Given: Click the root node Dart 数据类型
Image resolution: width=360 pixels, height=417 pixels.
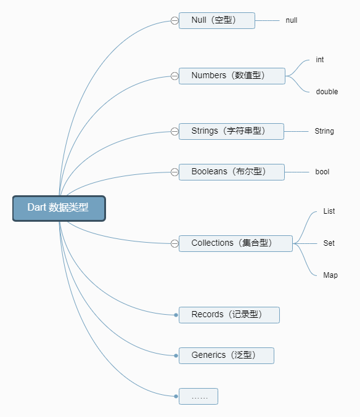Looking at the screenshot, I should point(59,208).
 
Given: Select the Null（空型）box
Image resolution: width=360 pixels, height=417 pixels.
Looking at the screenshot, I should point(216,20).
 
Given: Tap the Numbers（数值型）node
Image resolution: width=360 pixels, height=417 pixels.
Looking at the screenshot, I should point(232,76).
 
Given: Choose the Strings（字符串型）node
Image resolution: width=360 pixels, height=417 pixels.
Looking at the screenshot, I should point(231,131).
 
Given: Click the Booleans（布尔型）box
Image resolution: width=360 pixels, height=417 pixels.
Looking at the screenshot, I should point(231,172).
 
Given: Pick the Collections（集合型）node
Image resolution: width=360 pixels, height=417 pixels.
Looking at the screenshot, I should point(235,243).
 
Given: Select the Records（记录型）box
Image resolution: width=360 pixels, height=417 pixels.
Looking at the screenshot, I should point(229,315).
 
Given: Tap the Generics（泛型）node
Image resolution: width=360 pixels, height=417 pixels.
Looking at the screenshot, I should point(226,355).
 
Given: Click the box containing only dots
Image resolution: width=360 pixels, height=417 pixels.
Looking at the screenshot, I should point(198,397).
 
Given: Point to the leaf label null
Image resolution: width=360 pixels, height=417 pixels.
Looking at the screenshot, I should point(292,20).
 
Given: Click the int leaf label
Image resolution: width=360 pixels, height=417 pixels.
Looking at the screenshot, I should point(320,60).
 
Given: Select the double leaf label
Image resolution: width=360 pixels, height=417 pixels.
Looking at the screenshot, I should point(327,92).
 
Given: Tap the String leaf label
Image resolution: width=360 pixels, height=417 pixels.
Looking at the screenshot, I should point(324,131).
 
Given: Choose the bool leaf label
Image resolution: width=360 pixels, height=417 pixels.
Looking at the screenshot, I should point(322,172).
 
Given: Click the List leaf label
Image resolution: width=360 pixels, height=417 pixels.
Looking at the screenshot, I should point(329,211).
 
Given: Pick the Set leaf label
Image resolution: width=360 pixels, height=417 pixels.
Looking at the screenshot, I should point(329,243).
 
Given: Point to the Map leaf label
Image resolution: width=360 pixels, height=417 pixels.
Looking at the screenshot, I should point(330,275).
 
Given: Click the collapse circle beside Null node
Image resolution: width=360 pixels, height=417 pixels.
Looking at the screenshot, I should point(174,20).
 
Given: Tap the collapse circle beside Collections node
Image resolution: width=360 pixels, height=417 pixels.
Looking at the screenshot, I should point(174,243).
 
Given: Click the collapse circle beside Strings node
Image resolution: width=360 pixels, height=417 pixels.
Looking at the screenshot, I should point(174,131).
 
